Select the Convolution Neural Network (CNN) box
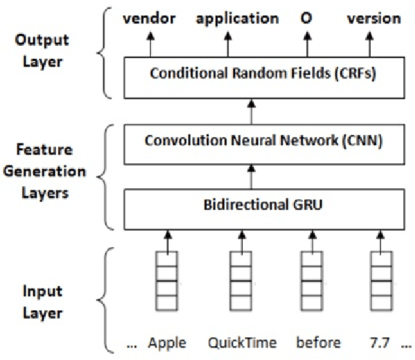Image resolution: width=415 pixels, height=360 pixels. pyautogui.click(x=255, y=141)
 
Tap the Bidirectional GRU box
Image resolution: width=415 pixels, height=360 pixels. pyautogui.click(x=255, y=206)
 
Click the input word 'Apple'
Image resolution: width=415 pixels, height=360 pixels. pyautogui.click(x=167, y=343)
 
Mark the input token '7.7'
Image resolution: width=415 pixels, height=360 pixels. pyautogui.click(x=382, y=343)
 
